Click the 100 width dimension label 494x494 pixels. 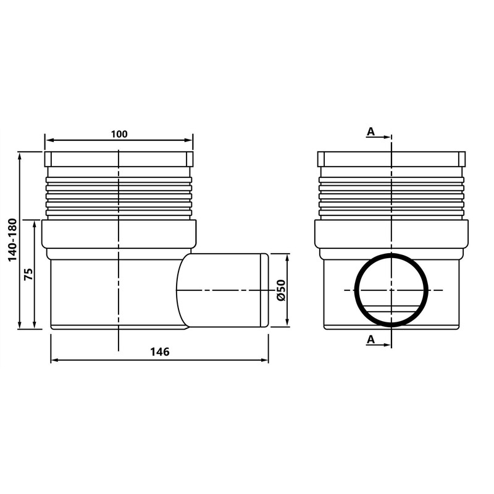(x=119, y=134)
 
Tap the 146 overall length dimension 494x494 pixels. (x=159, y=351)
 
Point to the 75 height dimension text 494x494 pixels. (x=28, y=274)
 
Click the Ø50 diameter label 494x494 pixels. (x=281, y=290)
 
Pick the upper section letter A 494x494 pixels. (x=371, y=131)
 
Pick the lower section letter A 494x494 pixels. (x=371, y=339)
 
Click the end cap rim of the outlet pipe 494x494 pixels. (x=266, y=290)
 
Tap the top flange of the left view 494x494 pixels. (x=119, y=158)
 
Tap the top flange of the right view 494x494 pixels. (x=391, y=158)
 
